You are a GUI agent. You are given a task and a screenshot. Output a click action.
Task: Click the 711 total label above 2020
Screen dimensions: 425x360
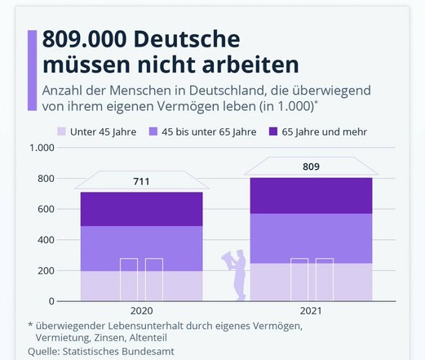pyautogui.click(x=141, y=181)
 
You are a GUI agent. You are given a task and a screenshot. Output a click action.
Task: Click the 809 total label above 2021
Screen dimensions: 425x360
pyautogui.click(x=311, y=167)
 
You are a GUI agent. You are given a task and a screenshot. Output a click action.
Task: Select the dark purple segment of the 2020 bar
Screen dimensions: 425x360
pyautogui.click(x=142, y=209)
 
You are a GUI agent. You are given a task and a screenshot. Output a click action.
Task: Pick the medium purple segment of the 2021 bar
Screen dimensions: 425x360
pyautogui.click(x=311, y=238)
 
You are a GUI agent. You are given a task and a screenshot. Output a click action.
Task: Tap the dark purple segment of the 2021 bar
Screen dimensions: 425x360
pyautogui.click(x=311, y=196)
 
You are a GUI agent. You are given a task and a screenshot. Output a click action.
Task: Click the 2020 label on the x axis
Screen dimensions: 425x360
pyautogui.click(x=141, y=311)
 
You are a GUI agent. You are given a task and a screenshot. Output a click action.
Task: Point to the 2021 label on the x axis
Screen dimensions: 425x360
pyautogui.click(x=311, y=311)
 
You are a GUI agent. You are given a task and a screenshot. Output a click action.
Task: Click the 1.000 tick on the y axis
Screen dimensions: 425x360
pyautogui.click(x=42, y=148)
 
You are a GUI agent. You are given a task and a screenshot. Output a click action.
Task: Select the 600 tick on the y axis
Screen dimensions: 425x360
pyautogui.click(x=46, y=209)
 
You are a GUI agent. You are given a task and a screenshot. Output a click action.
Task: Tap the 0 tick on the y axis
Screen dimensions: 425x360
pyautogui.click(x=51, y=301)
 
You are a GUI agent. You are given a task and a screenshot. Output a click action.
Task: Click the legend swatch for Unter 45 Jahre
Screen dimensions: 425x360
pyautogui.click(x=61, y=131)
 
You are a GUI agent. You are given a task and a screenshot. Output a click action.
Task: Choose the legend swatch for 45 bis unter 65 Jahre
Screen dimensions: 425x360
pyautogui.click(x=153, y=131)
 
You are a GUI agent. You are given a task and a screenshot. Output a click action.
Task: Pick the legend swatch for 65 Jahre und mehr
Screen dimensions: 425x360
pyautogui.click(x=273, y=131)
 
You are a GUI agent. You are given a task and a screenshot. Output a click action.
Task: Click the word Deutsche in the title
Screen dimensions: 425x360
pyautogui.click(x=187, y=39)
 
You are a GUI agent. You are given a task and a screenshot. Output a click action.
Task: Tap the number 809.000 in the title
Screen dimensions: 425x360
pyautogui.click(x=84, y=39)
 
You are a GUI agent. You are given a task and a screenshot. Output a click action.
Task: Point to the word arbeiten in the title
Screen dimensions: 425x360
pyautogui.click(x=250, y=65)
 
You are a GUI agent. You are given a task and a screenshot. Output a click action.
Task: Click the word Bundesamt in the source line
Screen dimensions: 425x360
pyautogui.click(x=148, y=351)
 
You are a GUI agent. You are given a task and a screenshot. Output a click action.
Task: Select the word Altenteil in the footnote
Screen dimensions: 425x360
pyautogui.click(x=148, y=338)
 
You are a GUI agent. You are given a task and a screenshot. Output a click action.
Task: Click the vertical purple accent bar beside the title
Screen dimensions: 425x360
pyautogui.click(x=32, y=70)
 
